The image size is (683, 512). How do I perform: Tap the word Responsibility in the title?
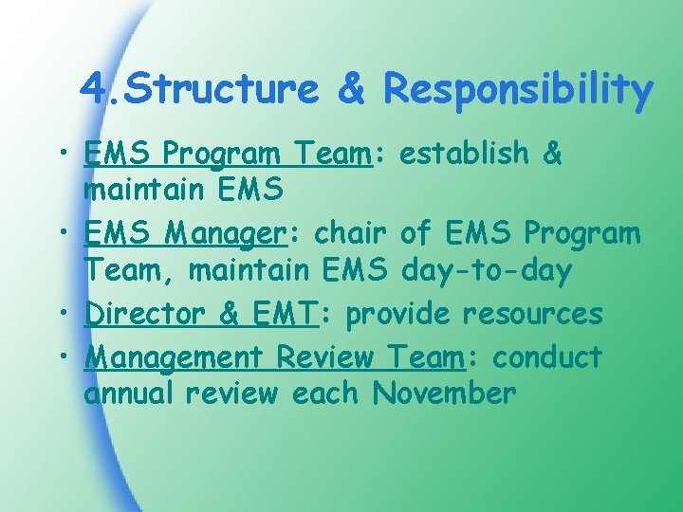pos(517,90)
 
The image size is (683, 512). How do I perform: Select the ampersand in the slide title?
pos(350,90)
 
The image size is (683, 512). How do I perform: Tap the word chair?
pos(349,232)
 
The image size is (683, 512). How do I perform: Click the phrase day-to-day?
pos(487,272)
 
